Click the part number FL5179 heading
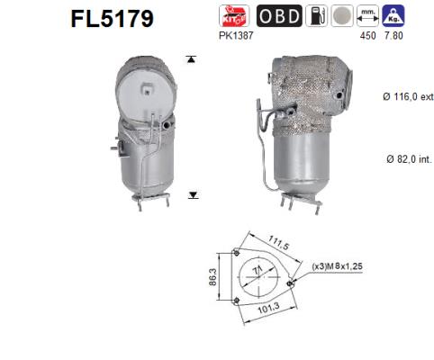pyautogui.click(x=111, y=18)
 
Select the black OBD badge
pyautogui.click(x=278, y=15)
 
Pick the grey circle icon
pyautogui.click(x=342, y=15)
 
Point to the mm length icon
pyautogui.click(x=367, y=15)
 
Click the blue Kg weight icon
pyautogui.click(x=393, y=15)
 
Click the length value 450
pyautogui.click(x=367, y=34)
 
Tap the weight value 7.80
pyautogui.click(x=393, y=34)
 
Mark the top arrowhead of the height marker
pyautogui.click(x=191, y=59)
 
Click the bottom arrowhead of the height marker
pyautogui.click(x=191, y=194)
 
